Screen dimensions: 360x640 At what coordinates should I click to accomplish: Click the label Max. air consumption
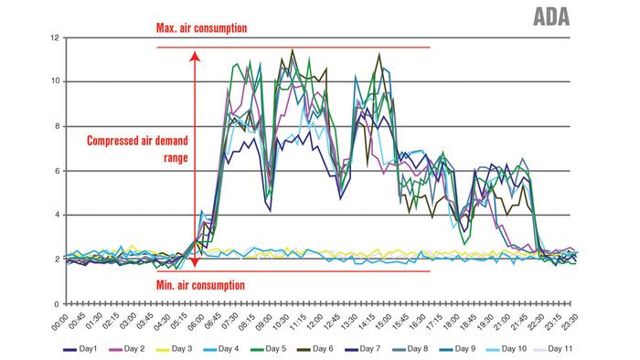click(x=202, y=28)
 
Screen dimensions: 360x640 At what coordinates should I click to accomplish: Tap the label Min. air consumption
click(x=200, y=285)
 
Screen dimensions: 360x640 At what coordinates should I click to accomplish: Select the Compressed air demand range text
click(x=137, y=149)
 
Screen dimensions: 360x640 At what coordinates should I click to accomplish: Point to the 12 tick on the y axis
click(x=54, y=37)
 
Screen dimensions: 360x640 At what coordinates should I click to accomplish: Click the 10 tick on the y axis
click(x=54, y=82)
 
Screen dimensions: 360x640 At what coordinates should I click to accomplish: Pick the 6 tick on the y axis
click(x=56, y=171)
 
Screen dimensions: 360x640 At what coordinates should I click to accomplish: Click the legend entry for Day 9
click(x=456, y=349)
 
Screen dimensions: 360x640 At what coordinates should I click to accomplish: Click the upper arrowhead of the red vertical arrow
click(x=194, y=57)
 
